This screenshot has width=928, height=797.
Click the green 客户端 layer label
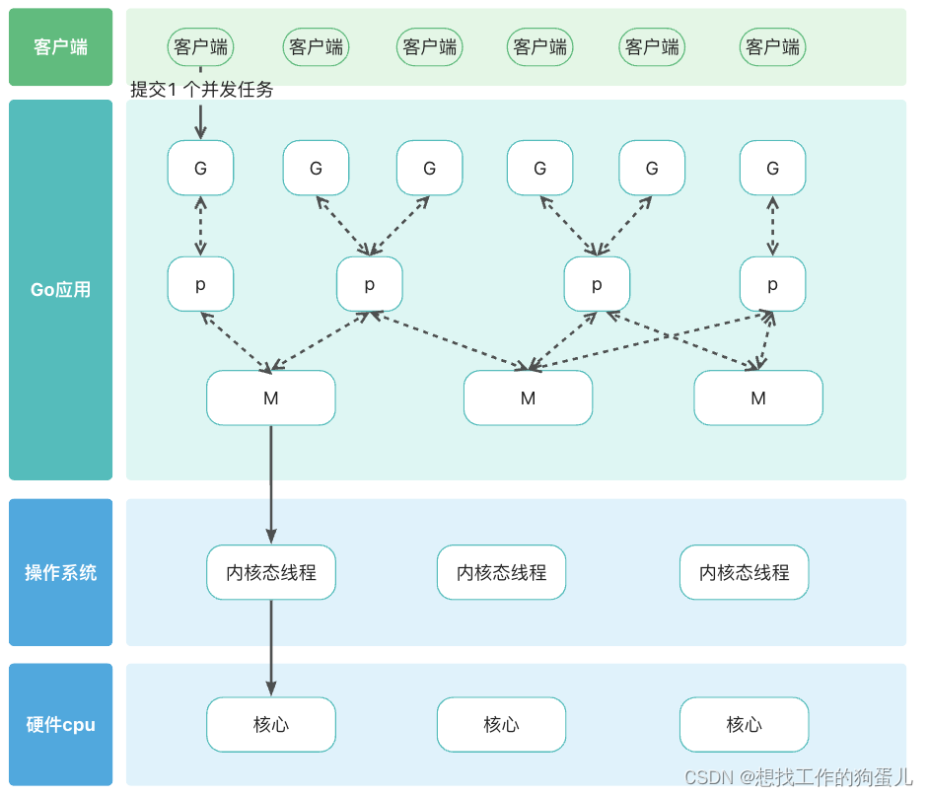60,47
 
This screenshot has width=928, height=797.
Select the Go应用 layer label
60,290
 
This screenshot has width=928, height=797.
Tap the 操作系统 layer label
60,573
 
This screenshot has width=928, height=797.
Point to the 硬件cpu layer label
60,725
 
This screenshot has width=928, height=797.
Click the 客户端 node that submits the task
200,47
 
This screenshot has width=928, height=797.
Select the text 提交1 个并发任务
202,90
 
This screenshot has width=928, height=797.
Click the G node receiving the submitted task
200,168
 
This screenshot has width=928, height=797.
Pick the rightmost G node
772,168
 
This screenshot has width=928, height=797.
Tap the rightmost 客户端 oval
772,47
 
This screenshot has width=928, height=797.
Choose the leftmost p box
200,285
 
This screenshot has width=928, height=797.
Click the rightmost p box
772,285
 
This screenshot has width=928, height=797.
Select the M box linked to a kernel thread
271,398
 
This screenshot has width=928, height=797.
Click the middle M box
528,398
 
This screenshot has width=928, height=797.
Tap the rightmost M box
757,398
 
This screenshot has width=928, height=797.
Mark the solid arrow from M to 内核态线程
271,483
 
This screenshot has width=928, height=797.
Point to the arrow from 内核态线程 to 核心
271,646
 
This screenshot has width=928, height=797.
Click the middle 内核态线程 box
501,573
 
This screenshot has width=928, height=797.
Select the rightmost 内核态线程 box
744,573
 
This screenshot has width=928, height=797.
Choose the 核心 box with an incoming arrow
271,725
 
